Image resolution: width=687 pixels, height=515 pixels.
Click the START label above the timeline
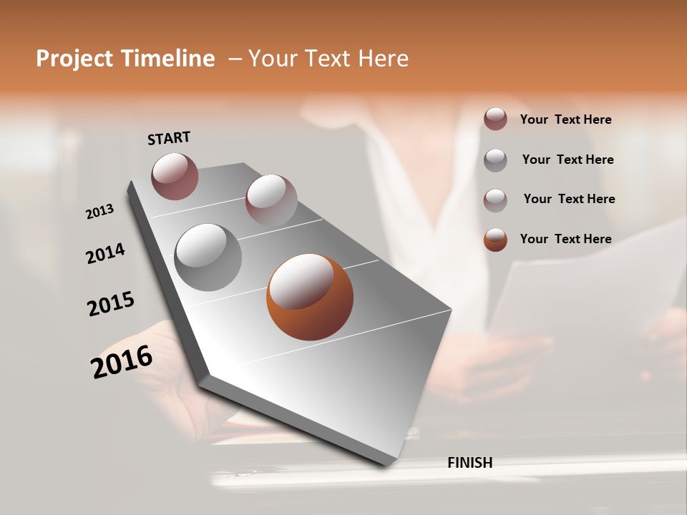[169, 138]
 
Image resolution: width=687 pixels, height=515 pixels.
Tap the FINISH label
[469, 463]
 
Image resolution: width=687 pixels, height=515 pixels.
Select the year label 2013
[99, 212]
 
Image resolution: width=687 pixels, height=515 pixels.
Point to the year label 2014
[105, 254]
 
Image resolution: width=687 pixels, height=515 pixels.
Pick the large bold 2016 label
[122, 362]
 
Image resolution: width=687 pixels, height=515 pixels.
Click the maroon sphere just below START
[175, 176]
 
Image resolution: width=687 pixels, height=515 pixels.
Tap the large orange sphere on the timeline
[310, 296]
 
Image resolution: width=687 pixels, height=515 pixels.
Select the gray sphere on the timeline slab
[208, 257]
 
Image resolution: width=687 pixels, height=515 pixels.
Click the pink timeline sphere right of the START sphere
[271, 200]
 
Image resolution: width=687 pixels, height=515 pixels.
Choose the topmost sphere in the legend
[495, 119]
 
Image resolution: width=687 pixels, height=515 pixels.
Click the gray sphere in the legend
[495, 160]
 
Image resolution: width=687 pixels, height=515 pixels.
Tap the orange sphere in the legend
[495, 240]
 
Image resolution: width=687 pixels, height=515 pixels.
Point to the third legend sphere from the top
[495, 200]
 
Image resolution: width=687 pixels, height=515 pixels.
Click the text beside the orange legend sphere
[565, 239]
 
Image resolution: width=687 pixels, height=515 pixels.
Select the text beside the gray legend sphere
[567, 160]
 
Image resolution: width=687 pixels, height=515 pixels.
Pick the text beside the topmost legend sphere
[565, 119]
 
